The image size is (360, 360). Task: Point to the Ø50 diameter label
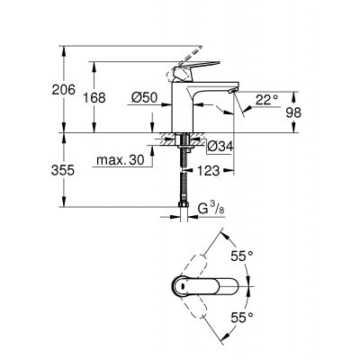[x=143, y=97]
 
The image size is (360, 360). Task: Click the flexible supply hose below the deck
[x=186, y=180]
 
